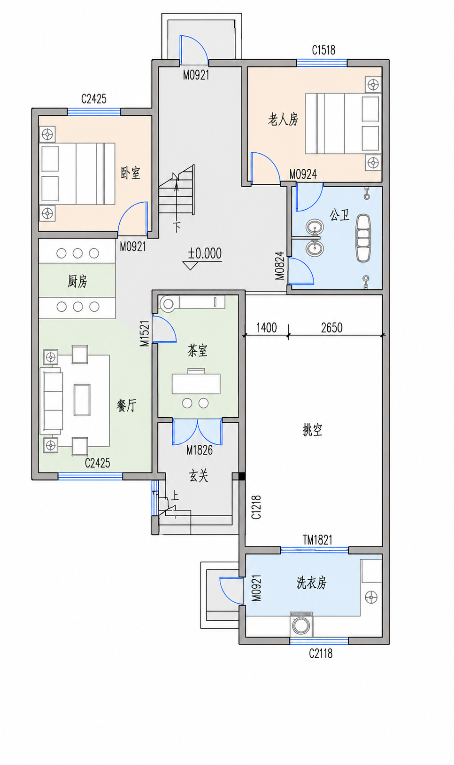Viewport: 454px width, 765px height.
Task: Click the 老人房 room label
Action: (x=283, y=119)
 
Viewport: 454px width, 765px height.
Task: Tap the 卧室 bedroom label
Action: (x=131, y=173)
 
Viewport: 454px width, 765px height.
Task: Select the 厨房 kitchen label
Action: (x=77, y=282)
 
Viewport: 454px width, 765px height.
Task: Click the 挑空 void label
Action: (x=312, y=430)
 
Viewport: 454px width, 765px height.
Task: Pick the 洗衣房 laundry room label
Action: (x=311, y=583)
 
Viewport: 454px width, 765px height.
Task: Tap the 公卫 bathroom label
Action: (x=340, y=215)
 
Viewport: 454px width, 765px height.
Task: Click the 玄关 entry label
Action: (x=199, y=476)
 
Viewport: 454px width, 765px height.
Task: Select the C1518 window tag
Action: (x=323, y=50)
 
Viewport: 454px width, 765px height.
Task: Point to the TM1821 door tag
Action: (x=317, y=540)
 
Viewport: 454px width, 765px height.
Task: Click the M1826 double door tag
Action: (x=200, y=450)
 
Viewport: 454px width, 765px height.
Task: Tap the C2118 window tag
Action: (x=321, y=653)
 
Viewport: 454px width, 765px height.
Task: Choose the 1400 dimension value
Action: (x=266, y=328)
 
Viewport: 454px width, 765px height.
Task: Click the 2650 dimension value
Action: (x=331, y=328)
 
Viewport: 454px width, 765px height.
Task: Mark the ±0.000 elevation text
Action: (x=205, y=253)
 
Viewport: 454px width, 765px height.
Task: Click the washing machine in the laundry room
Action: (x=301, y=624)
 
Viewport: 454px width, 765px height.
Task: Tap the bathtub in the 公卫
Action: (x=363, y=238)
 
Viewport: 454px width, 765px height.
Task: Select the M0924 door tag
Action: (x=303, y=174)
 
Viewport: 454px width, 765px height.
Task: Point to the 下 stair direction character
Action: (x=177, y=227)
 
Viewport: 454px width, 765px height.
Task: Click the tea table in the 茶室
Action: (x=196, y=384)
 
